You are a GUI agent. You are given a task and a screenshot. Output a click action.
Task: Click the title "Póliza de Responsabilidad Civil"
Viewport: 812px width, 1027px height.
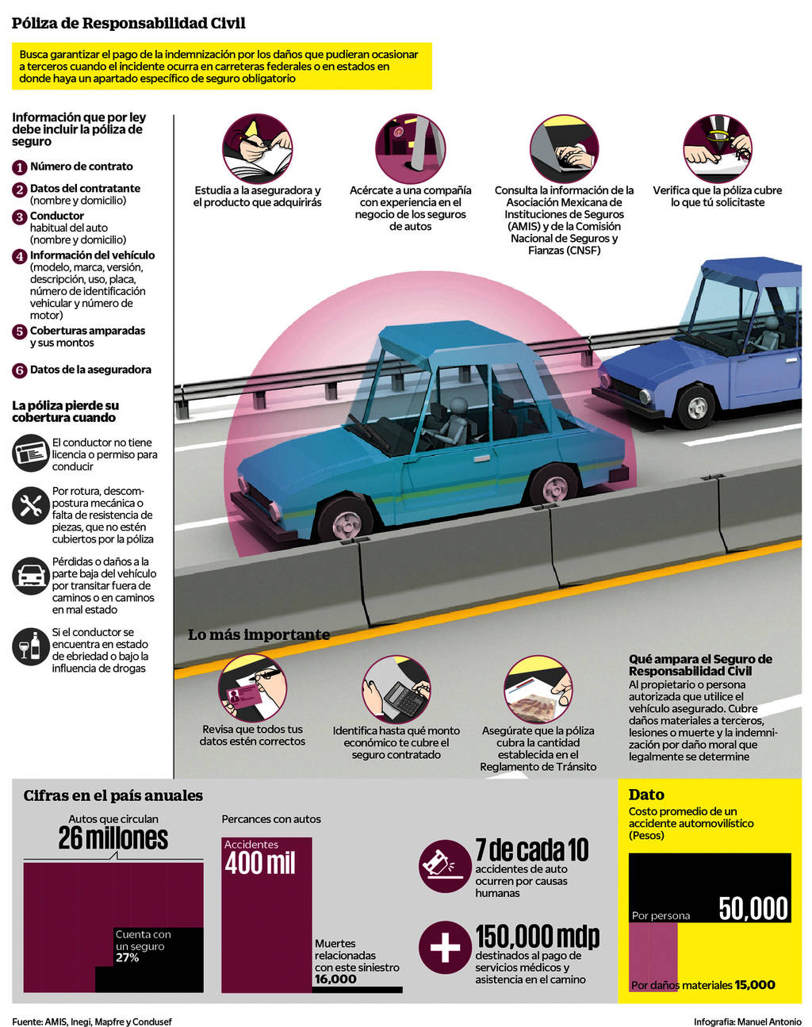128,23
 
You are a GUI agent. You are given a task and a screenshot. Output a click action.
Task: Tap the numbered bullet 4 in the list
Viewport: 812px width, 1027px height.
20,256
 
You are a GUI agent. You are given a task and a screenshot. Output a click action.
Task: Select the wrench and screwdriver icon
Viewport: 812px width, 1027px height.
31,506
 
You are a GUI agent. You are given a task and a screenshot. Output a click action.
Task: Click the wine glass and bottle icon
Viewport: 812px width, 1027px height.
31,646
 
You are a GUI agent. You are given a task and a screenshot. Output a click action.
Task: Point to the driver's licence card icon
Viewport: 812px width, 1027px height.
31,453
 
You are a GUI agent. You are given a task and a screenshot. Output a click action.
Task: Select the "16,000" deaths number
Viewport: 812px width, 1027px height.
335,979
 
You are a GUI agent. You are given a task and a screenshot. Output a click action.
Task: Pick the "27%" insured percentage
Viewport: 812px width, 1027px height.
127,957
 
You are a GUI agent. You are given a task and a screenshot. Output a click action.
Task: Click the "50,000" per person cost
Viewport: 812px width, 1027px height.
753,908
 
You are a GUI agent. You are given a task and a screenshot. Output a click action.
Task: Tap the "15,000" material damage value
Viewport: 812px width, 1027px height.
755,984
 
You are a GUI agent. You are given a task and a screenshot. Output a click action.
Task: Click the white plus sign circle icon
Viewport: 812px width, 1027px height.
445,948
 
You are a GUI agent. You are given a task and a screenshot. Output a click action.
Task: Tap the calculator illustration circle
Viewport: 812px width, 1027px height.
396,690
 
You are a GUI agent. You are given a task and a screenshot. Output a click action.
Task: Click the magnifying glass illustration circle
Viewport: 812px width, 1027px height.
718,148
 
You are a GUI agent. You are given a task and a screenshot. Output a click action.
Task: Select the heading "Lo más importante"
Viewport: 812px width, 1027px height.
259,634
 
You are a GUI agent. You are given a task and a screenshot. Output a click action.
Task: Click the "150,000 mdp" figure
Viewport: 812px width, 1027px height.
538,937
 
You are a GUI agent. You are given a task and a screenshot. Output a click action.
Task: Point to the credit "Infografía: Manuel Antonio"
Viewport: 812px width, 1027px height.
748,1021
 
